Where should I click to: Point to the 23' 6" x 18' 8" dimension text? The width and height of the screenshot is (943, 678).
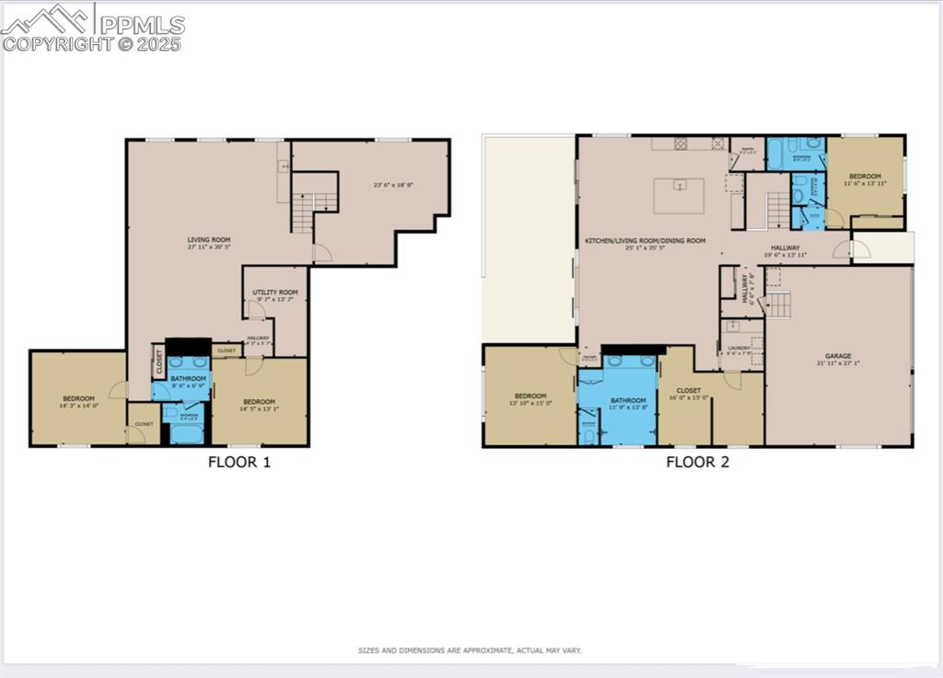point(393,185)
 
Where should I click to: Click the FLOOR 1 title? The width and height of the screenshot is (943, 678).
point(239,462)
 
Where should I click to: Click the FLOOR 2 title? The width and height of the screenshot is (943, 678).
point(697,462)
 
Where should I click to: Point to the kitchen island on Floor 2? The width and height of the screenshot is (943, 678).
point(679,195)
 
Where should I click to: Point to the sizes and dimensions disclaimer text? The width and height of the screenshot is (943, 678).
point(470,650)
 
